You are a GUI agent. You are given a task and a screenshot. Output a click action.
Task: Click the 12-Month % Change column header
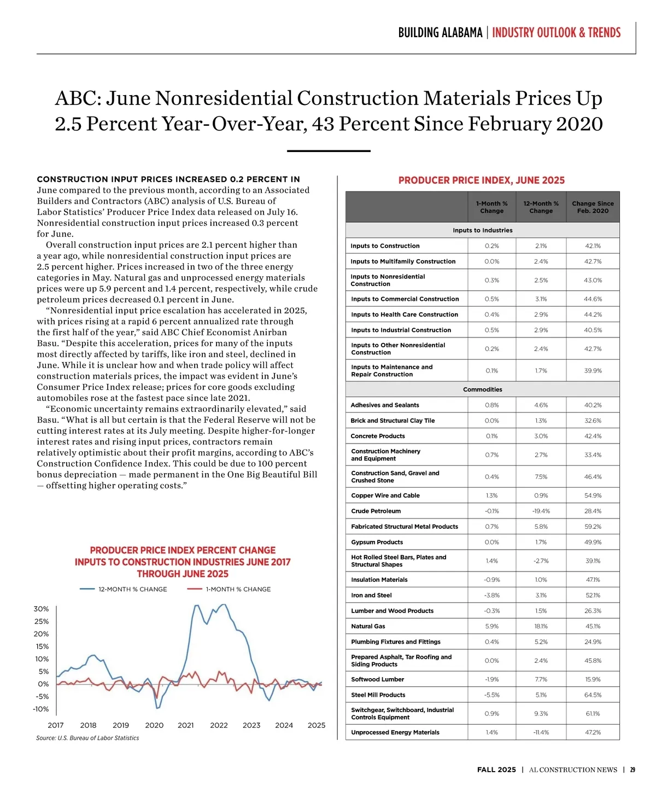541,207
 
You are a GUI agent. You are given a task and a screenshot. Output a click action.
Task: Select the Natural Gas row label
368,626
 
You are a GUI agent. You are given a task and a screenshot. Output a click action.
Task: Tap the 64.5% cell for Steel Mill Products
593,695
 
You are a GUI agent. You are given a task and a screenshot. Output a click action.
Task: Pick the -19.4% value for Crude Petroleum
541,511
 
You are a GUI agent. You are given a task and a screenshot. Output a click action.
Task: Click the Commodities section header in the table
482,389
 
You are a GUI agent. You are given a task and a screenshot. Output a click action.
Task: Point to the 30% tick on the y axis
42,609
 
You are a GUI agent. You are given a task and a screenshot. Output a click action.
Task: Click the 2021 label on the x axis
186,725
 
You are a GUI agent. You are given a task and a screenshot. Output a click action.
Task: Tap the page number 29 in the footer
632,769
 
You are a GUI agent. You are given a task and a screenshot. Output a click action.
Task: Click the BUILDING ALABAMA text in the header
440,33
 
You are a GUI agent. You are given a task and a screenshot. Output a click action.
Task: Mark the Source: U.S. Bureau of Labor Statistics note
87,738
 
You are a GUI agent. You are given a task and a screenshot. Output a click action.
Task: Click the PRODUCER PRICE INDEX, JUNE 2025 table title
482,180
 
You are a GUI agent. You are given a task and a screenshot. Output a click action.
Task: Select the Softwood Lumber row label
378,679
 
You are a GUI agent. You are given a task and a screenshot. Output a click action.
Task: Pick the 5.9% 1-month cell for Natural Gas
491,626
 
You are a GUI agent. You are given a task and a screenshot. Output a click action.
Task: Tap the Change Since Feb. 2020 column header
593,207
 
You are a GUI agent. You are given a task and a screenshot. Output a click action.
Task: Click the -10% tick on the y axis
41,709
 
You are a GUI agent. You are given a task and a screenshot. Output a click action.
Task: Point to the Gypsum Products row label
377,542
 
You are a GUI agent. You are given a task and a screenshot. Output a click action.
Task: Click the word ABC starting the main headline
76,98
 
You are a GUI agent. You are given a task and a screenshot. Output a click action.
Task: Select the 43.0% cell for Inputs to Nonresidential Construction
593,280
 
